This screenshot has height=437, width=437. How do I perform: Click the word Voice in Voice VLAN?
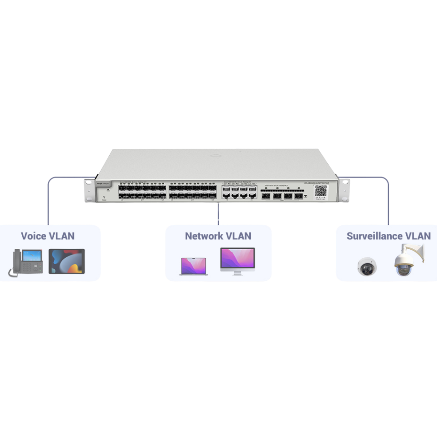point(34,236)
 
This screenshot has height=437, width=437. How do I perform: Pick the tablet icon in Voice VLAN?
point(67,261)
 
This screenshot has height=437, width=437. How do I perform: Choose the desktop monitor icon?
point(237,259)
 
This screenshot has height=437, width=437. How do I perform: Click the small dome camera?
point(366,266)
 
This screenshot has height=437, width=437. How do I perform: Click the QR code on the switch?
point(320,191)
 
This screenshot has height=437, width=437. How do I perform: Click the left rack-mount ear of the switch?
point(89,190)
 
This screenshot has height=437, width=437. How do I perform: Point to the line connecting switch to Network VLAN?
point(218,213)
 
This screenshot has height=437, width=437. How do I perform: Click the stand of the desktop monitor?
point(237,272)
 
